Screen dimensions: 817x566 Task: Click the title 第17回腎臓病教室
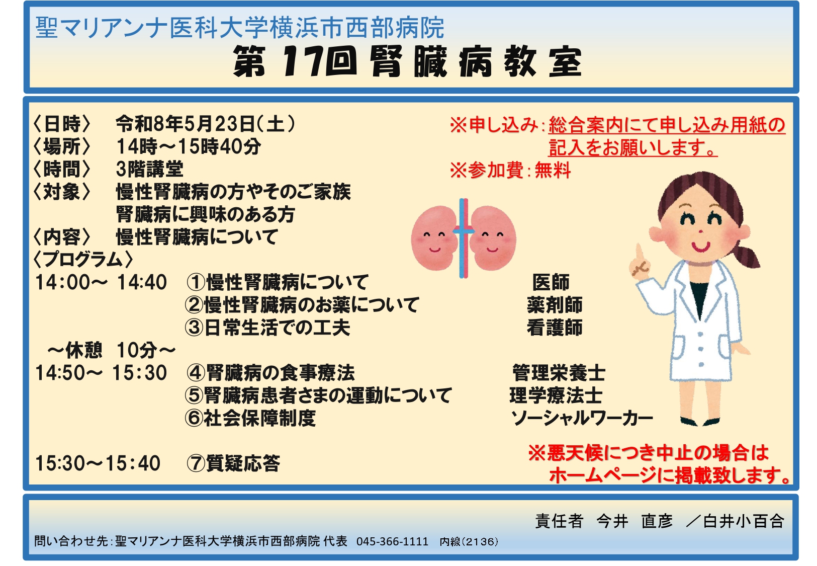pos(407,62)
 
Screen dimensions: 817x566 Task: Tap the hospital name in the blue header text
pos(240,28)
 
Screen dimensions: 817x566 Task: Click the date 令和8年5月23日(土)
pos(205,124)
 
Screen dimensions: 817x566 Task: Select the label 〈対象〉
pos(62,192)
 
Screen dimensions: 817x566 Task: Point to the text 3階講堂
pos(149,169)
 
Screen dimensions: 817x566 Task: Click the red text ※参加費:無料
pos(510,170)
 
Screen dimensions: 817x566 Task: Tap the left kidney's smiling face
pos(434,241)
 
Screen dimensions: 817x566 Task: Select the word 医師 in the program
pos(551,282)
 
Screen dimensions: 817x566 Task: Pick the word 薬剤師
pos(555,305)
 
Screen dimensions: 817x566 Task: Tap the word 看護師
pos(555,328)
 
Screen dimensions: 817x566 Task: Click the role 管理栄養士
pos(559,373)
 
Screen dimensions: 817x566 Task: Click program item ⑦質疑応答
pos(233,463)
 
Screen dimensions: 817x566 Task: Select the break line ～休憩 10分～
pos(112,350)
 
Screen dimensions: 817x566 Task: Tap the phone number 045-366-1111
pos(393,541)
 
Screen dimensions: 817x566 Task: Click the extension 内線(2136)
pos(469,541)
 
